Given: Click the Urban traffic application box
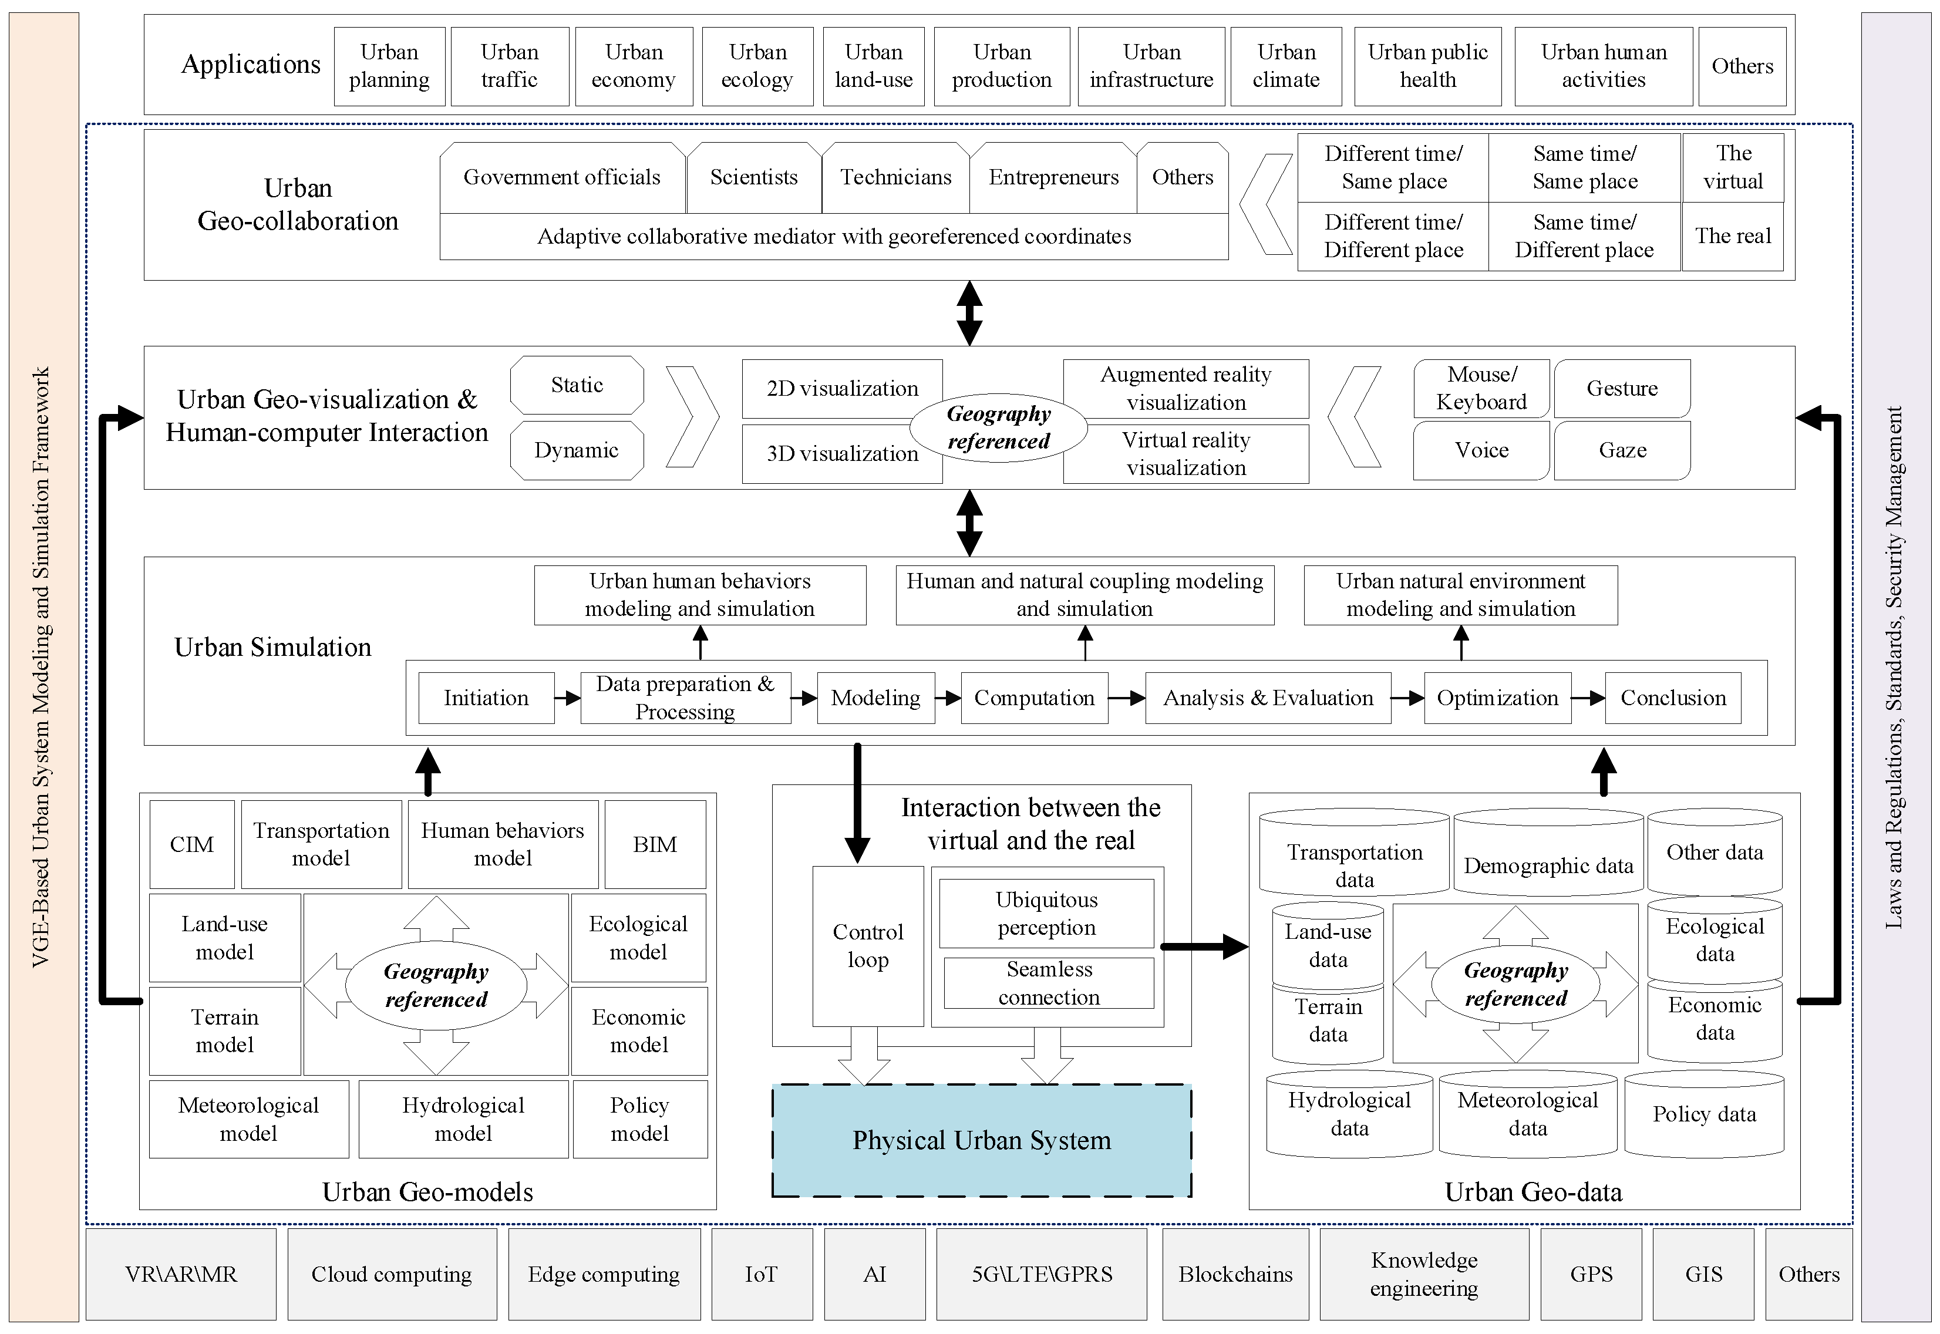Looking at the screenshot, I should [x=509, y=66].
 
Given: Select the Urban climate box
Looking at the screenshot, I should [x=1285, y=66].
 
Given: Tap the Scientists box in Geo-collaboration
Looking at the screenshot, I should [x=753, y=177].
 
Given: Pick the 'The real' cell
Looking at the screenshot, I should [x=1732, y=237].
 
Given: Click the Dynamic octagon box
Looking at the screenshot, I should [x=577, y=450].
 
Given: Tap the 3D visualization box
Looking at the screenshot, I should [x=841, y=454].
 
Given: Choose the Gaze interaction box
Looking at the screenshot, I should [x=1622, y=450].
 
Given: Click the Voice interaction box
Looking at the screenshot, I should [x=1481, y=450].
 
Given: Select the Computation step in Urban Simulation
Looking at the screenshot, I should [x=1034, y=698].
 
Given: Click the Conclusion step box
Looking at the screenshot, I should [x=1672, y=698].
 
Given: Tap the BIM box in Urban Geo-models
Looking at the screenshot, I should [x=655, y=844].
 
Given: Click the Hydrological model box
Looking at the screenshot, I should [x=463, y=1119].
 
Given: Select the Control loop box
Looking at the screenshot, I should [x=868, y=946].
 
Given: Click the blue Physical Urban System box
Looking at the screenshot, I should [x=981, y=1140].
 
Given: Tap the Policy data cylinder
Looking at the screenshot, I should [x=1703, y=1115].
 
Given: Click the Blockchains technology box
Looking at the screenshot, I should [x=1235, y=1275].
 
